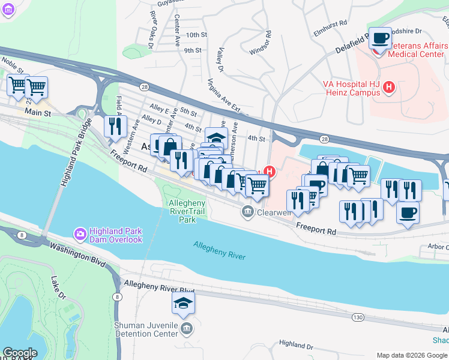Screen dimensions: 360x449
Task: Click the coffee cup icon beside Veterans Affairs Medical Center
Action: pos(379,38)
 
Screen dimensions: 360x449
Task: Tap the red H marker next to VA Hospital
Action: pos(388,88)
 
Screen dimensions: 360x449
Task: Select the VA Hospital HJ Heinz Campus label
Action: pos(353,88)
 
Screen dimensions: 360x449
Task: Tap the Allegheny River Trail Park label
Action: pos(187,211)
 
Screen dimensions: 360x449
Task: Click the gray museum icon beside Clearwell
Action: pos(247,211)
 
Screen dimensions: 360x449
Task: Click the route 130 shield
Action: pos(358,317)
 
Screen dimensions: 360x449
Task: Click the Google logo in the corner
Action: pos(20,353)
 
